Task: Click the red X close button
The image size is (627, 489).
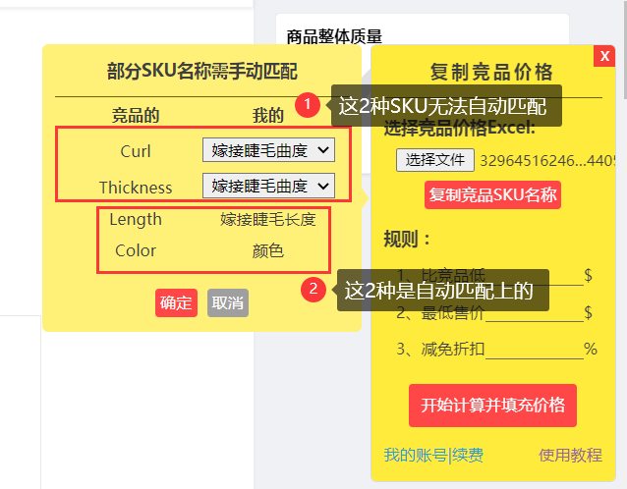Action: [x=604, y=56]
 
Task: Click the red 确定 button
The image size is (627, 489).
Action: [x=176, y=302]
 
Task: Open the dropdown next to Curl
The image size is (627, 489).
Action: [x=268, y=150]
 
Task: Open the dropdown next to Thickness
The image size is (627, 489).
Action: [x=268, y=186]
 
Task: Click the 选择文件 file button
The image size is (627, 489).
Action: [x=435, y=159]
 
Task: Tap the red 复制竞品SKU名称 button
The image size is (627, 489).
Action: [x=493, y=194]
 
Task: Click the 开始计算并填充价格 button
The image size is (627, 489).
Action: [x=492, y=405]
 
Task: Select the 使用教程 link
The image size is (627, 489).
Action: [x=570, y=456]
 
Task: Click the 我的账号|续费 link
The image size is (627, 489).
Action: [x=433, y=456]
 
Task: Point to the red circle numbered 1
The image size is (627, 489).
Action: [x=308, y=104]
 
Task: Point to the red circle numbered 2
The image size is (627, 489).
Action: [x=313, y=289]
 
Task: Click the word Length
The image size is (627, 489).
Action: [x=136, y=219]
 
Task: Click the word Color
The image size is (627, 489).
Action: [x=136, y=250]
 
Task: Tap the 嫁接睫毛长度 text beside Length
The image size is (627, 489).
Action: [x=268, y=219]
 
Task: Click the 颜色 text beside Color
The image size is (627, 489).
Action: [x=268, y=250]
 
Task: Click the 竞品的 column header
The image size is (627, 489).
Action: [x=136, y=116]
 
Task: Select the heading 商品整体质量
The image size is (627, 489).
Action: [x=334, y=37]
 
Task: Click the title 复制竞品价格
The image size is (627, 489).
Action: [x=491, y=72]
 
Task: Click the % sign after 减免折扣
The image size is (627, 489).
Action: [x=590, y=348]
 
